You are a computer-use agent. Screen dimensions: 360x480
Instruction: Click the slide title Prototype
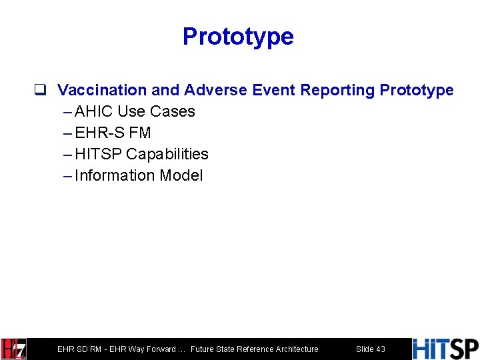[238, 36]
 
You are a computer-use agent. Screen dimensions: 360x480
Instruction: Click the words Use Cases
[156, 111]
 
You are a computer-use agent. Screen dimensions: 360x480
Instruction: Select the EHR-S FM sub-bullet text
[113, 133]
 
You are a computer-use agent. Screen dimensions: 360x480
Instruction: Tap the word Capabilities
[167, 154]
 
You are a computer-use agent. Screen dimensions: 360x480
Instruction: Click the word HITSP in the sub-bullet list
[99, 154]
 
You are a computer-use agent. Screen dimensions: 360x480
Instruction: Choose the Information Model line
[139, 175]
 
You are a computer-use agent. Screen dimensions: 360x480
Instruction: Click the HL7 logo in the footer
[14, 349]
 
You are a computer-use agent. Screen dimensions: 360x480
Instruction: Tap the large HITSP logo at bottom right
[445, 349]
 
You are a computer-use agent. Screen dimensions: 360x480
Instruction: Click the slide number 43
[381, 349]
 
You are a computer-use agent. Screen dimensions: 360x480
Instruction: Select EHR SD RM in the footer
[79, 349]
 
